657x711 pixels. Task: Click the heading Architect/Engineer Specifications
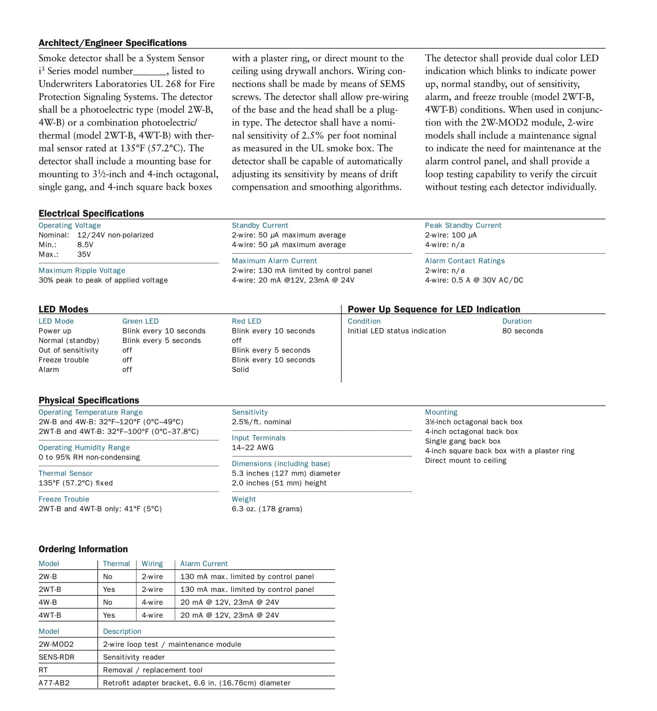pyautogui.click(x=112, y=43)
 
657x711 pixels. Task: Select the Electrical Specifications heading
pyautogui.click(x=91, y=213)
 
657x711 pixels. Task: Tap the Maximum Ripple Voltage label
pyautogui.click(x=82, y=270)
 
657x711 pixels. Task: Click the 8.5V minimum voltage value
pyautogui.click(x=85, y=245)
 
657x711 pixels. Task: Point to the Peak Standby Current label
pyautogui.click(x=463, y=225)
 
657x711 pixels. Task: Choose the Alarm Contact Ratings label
pyautogui.click(x=465, y=261)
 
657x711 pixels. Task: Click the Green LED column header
pyautogui.click(x=140, y=321)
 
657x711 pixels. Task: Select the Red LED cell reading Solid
pyautogui.click(x=240, y=369)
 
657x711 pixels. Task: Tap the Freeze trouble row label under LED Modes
pyautogui.click(x=64, y=360)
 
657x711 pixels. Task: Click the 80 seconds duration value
pyautogui.click(x=523, y=331)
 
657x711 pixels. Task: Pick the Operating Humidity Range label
pyautogui.click(x=84, y=447)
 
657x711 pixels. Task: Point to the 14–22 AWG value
pyautogui.click(x=253, y=447)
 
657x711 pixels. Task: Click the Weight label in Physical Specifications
pyautogui.click(x=244, y=499)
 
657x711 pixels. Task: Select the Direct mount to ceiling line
pyautogui.click(x=466, y=461)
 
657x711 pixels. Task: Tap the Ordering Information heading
pyautogui.click(x=83, y=549)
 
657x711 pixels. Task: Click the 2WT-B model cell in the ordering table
pyautogui.click(x=50, y=589)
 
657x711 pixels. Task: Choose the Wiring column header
pyautogui.click(x=152, y=564)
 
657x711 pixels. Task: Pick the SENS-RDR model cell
pyautogui.click(x=56, y=657)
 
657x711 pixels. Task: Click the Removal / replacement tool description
pyautogui.click(x=153, y=670)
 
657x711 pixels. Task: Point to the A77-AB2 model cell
pyautogui.click(x=54, y=683)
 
